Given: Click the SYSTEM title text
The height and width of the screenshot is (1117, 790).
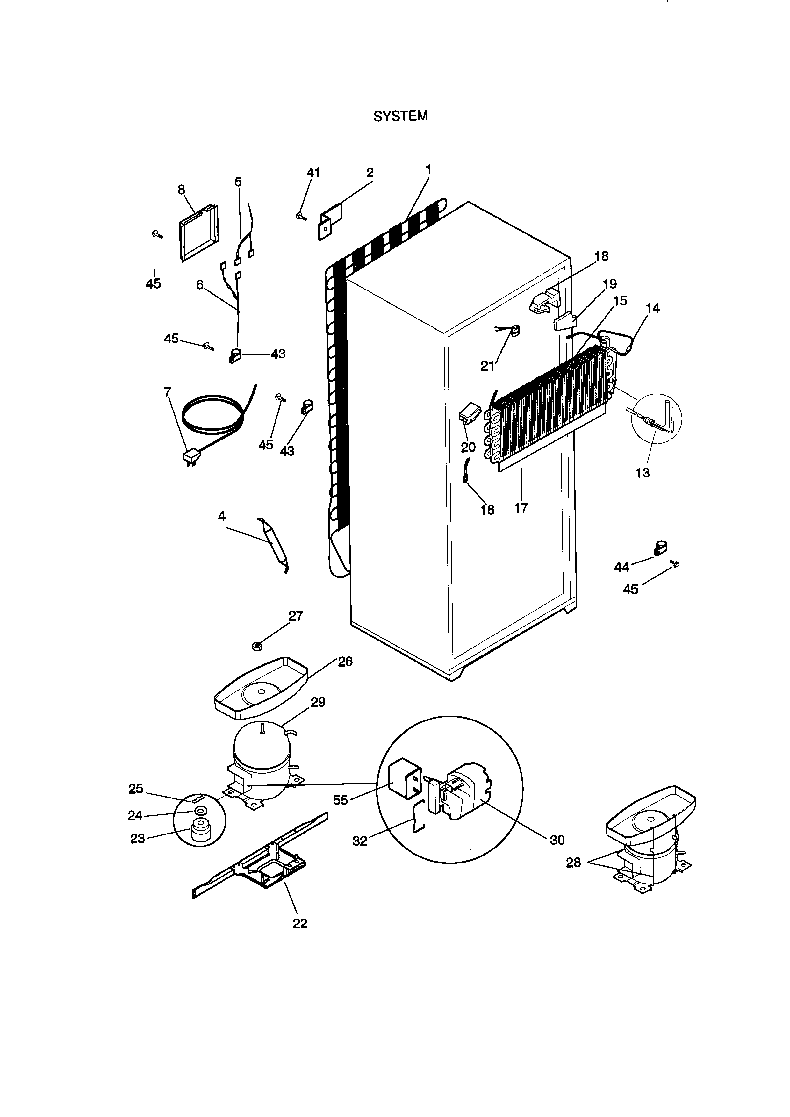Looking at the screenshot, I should click(400, 116).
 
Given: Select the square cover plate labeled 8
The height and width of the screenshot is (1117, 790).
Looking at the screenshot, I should click(198, 233).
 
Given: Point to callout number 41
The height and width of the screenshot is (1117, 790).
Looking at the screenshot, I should click(313, 173).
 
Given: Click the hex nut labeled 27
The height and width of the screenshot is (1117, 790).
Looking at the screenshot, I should click(257, 646).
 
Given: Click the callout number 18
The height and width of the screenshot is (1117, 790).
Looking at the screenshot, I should click(602, 256).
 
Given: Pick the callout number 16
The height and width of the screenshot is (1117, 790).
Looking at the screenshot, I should click(487, 510).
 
